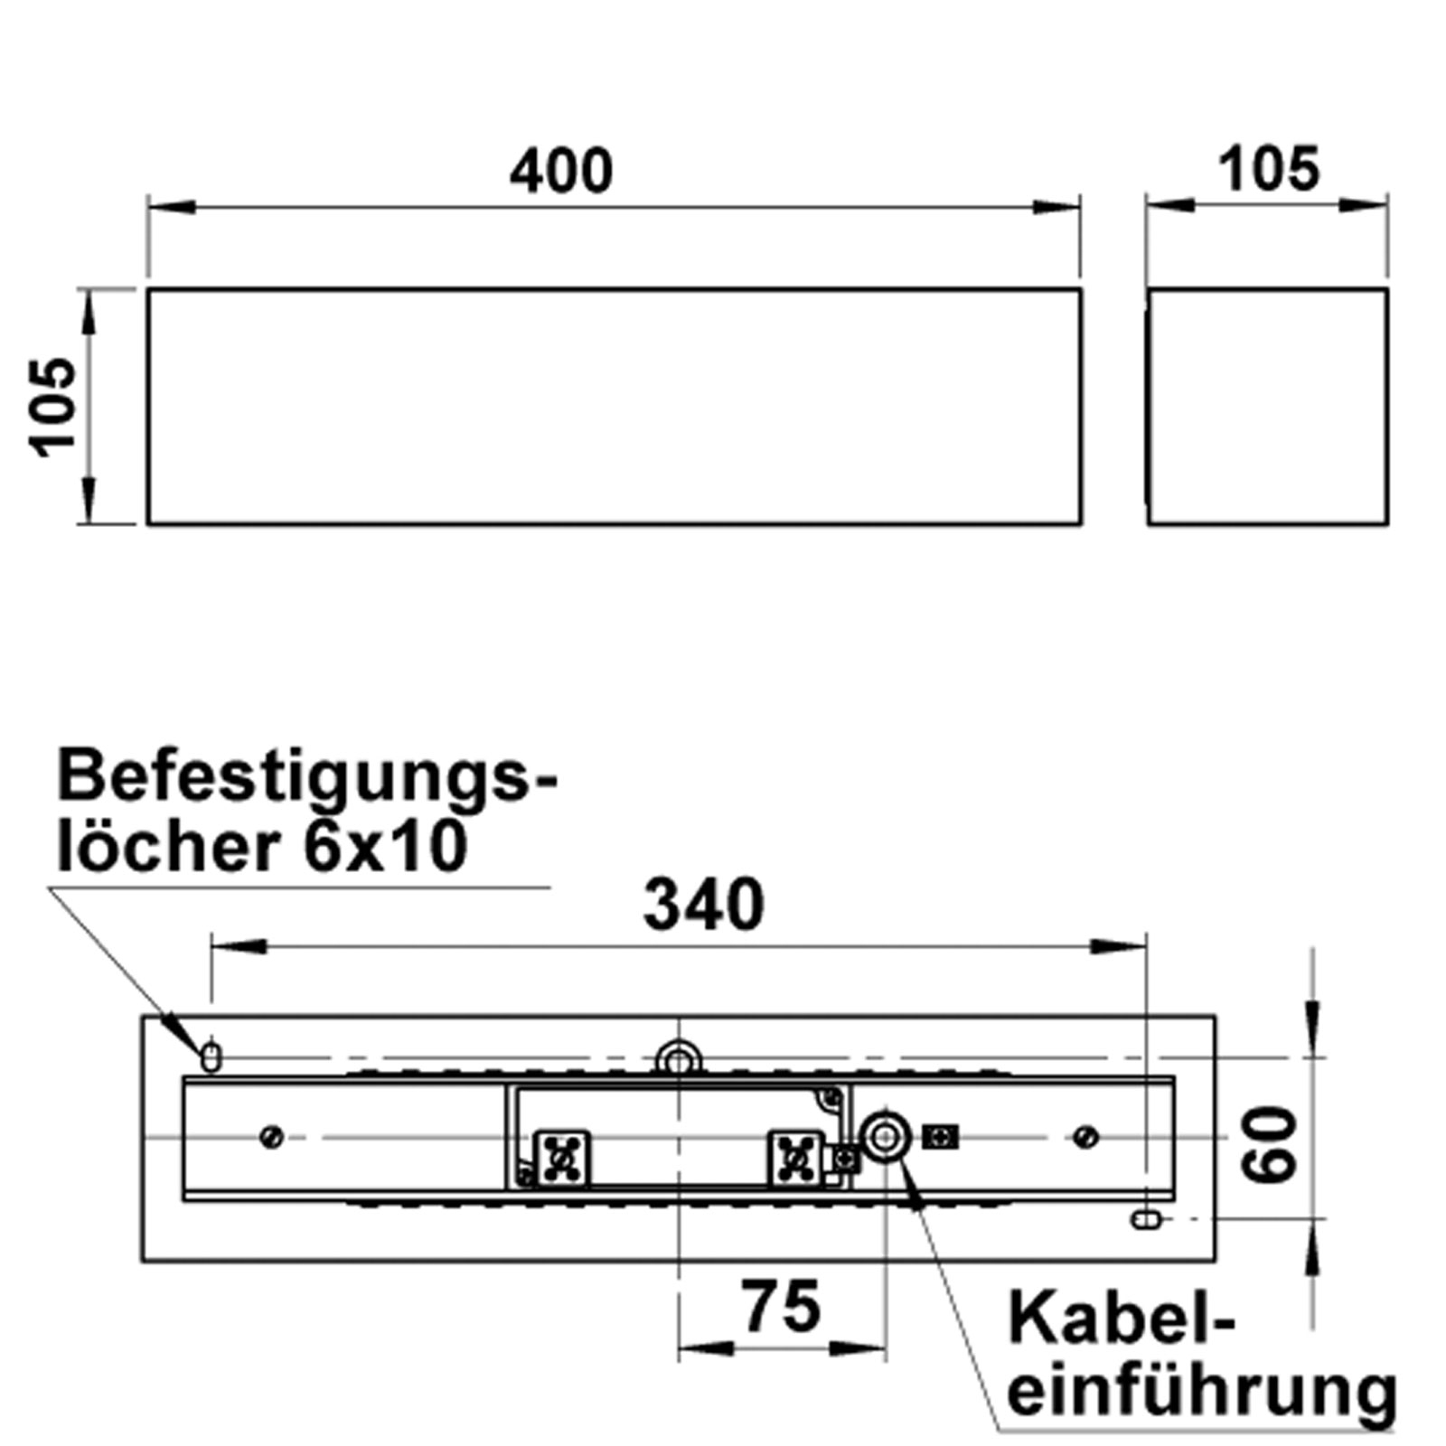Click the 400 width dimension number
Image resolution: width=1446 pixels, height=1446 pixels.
tap(560, 171)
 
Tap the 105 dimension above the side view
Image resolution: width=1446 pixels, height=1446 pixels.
tap(1268, 169)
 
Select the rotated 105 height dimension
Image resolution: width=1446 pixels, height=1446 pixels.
tap(52, 407)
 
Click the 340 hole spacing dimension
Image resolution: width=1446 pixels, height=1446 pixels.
tap(703, 905)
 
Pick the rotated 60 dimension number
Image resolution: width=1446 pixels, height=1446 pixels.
tap(1269, 1145)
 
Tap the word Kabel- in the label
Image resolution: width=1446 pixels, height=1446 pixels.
tap(1120, 1319)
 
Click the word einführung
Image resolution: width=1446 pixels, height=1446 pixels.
tap(1201, 1392)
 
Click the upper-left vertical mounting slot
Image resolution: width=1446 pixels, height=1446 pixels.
tap(211, 1056)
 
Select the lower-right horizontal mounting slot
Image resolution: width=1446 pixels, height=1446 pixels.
tap(1145, 1220)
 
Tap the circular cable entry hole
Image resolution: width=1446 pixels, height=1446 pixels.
tap(884, 1136)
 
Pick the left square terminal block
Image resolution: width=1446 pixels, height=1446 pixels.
tap(562, 1157)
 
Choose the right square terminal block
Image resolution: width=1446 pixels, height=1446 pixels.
tap(795, 1157)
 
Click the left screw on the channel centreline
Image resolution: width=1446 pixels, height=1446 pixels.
tap(271, 1136)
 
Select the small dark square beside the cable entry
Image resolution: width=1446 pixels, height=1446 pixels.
tap(940, 1137)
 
